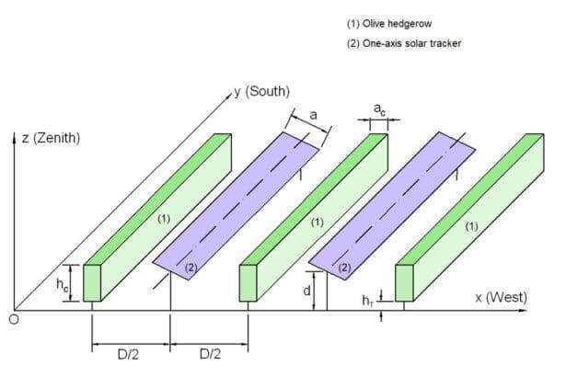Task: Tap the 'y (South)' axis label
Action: pos(262,91)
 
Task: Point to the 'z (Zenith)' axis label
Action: pos(51,139)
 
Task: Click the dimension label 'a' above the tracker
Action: pos(313,115)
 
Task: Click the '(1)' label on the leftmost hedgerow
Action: pos(163,219)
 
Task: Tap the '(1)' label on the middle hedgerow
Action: pos(318,223)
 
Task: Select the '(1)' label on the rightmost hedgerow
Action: pos(472,226)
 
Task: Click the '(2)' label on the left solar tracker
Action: pos(191,267)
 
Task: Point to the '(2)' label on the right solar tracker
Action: pos(345,267)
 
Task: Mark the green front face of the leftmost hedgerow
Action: pos(91,283)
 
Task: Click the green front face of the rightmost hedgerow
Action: pos(403,283)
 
